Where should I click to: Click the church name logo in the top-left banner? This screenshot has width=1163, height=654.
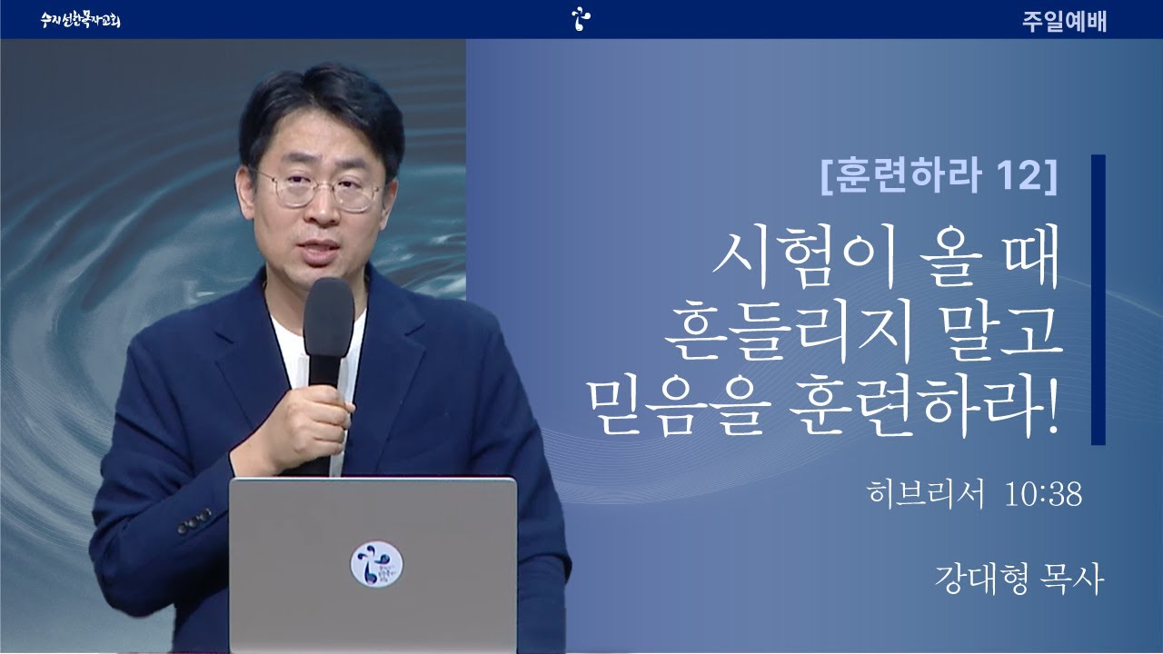(81, 20)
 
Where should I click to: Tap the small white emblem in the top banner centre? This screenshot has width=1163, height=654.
(581, 19)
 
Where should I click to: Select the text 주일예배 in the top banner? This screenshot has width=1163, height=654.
(1064, 21)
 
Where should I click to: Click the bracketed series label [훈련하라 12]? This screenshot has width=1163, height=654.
(939, 175)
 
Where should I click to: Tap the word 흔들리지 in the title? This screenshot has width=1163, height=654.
(787, 333)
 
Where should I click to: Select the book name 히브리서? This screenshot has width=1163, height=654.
(926, 493)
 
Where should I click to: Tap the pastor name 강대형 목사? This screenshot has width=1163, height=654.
(1019, 580)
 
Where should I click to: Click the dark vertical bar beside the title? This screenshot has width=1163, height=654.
(1098, 300)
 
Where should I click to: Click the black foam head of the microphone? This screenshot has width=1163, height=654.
(329, 317)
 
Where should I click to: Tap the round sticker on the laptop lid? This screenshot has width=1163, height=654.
(376, 564)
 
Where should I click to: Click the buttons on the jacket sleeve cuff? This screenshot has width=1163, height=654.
(194, 520)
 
